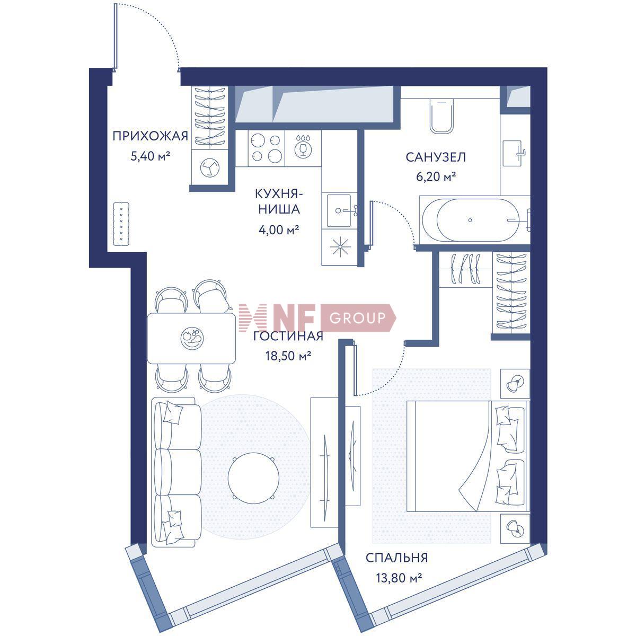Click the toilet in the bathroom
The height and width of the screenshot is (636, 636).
point(441,116)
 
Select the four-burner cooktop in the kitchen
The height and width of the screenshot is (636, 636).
point(266,148)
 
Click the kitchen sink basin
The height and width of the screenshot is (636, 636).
point(339,210)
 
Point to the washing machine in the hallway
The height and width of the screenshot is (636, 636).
point(209,167)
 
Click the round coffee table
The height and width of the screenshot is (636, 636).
point(253,478)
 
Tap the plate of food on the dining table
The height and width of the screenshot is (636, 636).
point(192,337)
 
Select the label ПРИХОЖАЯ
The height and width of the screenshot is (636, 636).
point(150,136)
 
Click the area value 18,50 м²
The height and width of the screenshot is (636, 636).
point(288,356)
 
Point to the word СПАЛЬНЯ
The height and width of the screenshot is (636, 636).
point(396,558)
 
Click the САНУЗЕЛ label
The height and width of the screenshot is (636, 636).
point(436,157)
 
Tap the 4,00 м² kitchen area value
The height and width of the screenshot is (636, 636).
point(279,229)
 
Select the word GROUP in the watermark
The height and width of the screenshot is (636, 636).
point(357,318)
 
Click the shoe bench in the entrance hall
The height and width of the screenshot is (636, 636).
point(121,224)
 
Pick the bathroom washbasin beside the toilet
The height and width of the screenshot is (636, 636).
point(513,153)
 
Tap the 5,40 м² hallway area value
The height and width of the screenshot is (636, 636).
point(150,156)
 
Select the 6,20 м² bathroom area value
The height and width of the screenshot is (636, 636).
point(436,177)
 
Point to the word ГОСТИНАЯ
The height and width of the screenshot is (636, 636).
point(288,336)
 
